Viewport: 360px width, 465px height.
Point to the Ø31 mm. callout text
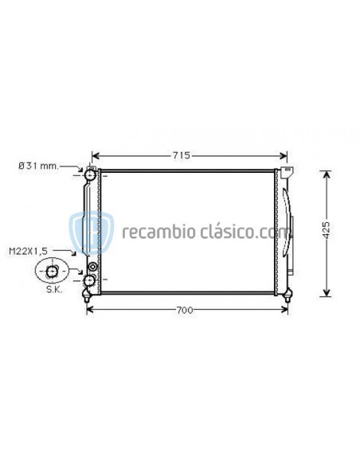point(38,166)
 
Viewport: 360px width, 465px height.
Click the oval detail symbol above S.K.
point(52,273)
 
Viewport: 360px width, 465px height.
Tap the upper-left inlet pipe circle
point(92,174)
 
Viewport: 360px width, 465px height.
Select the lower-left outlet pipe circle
point(90,280)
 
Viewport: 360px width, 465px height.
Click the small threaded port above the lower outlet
point(92,266)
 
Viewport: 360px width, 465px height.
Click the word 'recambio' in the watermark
point(151,232)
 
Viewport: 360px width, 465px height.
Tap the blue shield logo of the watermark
point(85,232)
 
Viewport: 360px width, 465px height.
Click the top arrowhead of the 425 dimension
point(325,174)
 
